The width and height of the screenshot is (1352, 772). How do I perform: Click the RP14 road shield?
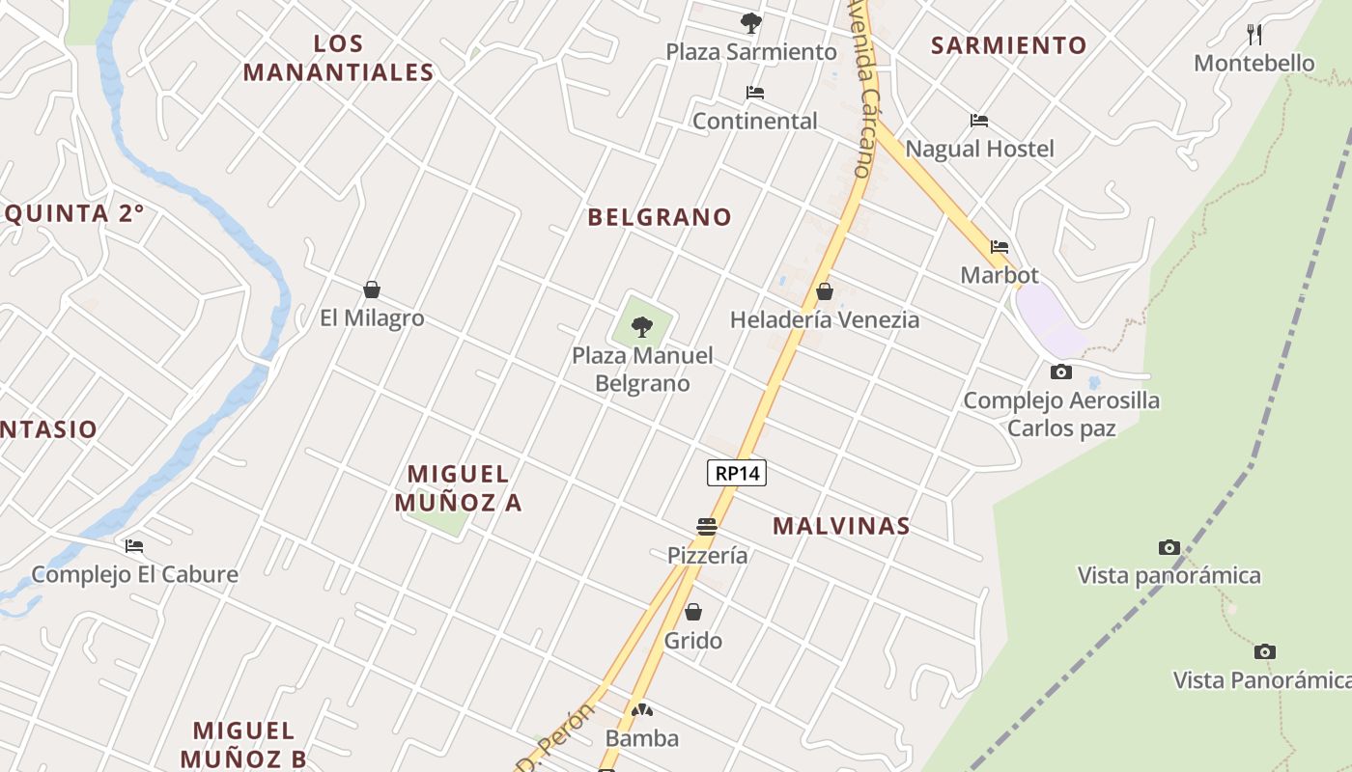pyautogui.click(x=737, y=473)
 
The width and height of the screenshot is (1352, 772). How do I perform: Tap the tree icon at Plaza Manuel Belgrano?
pyautogui.click(x=641, y=327)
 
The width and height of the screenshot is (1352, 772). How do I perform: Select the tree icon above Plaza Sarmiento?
pyautogui.click(x=750, y=22)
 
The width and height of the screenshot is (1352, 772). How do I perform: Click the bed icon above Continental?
pyautogui.click(x=754, y=93)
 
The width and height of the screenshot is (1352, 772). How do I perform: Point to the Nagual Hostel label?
pyautogui.click(x=979, y=149)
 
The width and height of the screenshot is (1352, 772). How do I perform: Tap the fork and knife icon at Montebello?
pyautogui.click(x=1254, y=35)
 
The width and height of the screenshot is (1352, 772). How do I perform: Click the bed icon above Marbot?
pyautogui.click(x=999, y=247)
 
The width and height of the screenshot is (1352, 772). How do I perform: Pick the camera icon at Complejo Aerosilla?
pyautogui.click(x=1060, y=372)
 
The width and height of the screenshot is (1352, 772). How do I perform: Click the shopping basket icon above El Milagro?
pyautogui.click(x=371, y=289)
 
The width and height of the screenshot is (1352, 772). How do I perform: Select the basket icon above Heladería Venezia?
pyautogui.click(x=824, y=290)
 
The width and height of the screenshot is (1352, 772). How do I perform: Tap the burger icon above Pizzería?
pyautogui.click(x=707, y=527)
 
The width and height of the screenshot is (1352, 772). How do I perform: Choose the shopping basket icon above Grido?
pyautogui.click(x=692, y=612)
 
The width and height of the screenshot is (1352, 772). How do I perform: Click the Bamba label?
pyautogui.click(x=641, y=738)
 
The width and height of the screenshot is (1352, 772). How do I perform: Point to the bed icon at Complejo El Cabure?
pyautogui.click(x=133, y=546)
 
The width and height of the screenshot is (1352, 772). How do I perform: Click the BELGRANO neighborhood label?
pyautogui.click(x=660, y=217)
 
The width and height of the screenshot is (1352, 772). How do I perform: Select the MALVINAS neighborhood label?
pyautogui.click(x=841, y=526)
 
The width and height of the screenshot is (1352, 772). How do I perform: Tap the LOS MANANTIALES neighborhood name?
pyautogui.click(x=338, y=58)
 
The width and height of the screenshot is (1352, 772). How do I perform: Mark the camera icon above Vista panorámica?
pyautogui.click(x=1169, y=547)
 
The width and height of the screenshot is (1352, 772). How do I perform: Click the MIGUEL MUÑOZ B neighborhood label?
pyautogui.click(x=243, y=744)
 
